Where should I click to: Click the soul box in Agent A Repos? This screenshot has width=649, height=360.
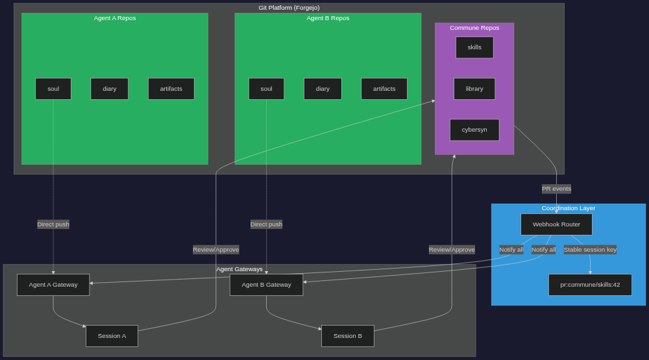pos(53,89)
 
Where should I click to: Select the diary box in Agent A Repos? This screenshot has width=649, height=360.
pos(109,89)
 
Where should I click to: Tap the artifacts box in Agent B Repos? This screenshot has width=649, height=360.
pos(384,89)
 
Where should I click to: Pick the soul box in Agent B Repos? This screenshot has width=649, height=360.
pos(266,89)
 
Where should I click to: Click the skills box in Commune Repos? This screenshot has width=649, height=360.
pos(474,47)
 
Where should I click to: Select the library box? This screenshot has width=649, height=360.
pos(474,89)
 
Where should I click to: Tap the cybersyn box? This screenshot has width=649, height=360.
pos(474,130)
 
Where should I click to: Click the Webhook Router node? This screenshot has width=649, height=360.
pos(556,224)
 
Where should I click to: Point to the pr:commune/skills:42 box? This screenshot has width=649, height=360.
pos(590,285)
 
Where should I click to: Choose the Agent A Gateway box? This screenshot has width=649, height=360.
pos(53,285)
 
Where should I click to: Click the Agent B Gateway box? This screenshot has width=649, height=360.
pos(266,285)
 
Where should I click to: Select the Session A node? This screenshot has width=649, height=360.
pos(112,336)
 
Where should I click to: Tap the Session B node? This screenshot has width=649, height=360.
pos(348,336)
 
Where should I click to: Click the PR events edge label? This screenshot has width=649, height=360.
pos(556,189)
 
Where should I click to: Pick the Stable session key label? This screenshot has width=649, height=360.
pos(590,250)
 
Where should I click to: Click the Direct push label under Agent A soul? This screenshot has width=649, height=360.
pos(53,224)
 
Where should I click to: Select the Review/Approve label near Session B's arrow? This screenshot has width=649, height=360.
pos(452,250)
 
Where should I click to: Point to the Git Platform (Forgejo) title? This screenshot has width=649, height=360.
pos(289,8)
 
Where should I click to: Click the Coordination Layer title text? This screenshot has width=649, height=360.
pos(569,208)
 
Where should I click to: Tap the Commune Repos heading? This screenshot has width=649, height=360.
pos(474,28)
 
